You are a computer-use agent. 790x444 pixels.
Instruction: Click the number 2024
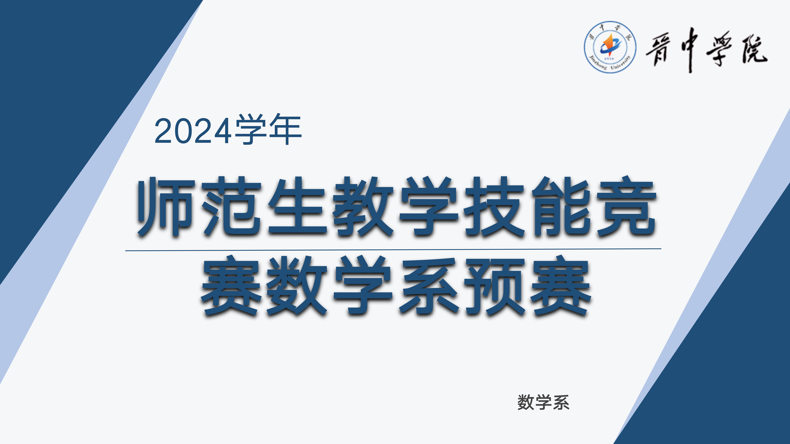pyautogui.click(x=193, y=131)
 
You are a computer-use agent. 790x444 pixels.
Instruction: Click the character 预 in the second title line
pyautogui.click(x=494, y=286)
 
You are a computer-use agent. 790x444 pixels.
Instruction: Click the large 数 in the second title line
pyautogui.click(x=297, y=286)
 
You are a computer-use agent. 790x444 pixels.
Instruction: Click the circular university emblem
pyautogui.click(x=610, y=47)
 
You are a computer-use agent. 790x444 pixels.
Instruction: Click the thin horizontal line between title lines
pyautogui.click(x=393, y=250)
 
